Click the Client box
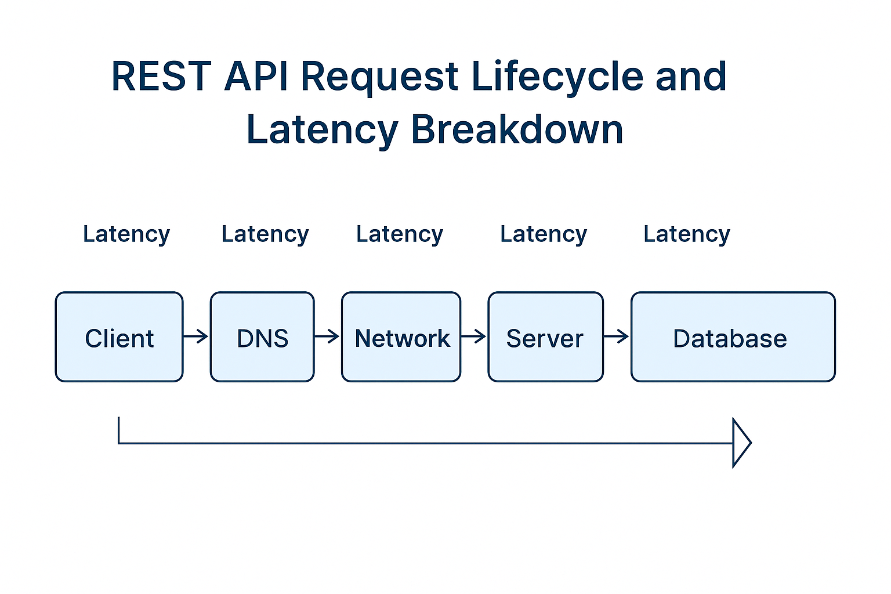coord(119,337)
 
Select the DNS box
coord(262,337)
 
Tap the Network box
coord(401,337)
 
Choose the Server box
coord(545,337)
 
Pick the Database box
coord(733,337)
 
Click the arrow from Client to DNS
coord(196,336)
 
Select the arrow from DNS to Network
coord(327,336)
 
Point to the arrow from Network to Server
coord(474,336)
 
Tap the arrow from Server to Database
coord(617,336)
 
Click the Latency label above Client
coord(126,234)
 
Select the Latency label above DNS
coord(265,234)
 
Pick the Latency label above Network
coord(400,234)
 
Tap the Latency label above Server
coord(544,234)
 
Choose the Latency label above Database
coord(687,234)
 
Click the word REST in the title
coord(161,77)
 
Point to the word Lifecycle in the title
coord(557,77)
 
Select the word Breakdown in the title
coord(517,129)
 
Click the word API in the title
coord(256,77)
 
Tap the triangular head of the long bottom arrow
coord(741,443)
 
